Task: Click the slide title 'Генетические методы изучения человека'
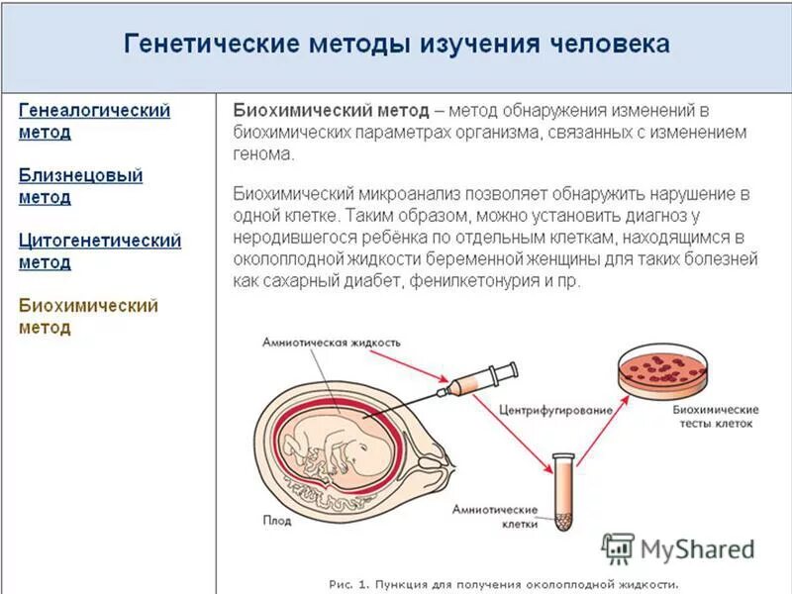pyautogui.click(x=396, y=46)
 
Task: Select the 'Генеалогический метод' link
pyautogui.click(x=94, y=121)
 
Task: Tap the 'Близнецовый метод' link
pyautogui.click(x=80, y=186)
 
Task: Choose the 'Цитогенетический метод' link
pyautogui.click(x=99, y=251)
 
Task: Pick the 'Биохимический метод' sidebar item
pyautogui.click(x=88, y=317)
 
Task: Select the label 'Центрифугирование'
pyautogui.click(x=550, y=408)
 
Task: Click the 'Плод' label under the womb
pyautogui.click(x=276, y=518)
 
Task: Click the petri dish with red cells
pyautogui.click(x=662, y=370)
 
